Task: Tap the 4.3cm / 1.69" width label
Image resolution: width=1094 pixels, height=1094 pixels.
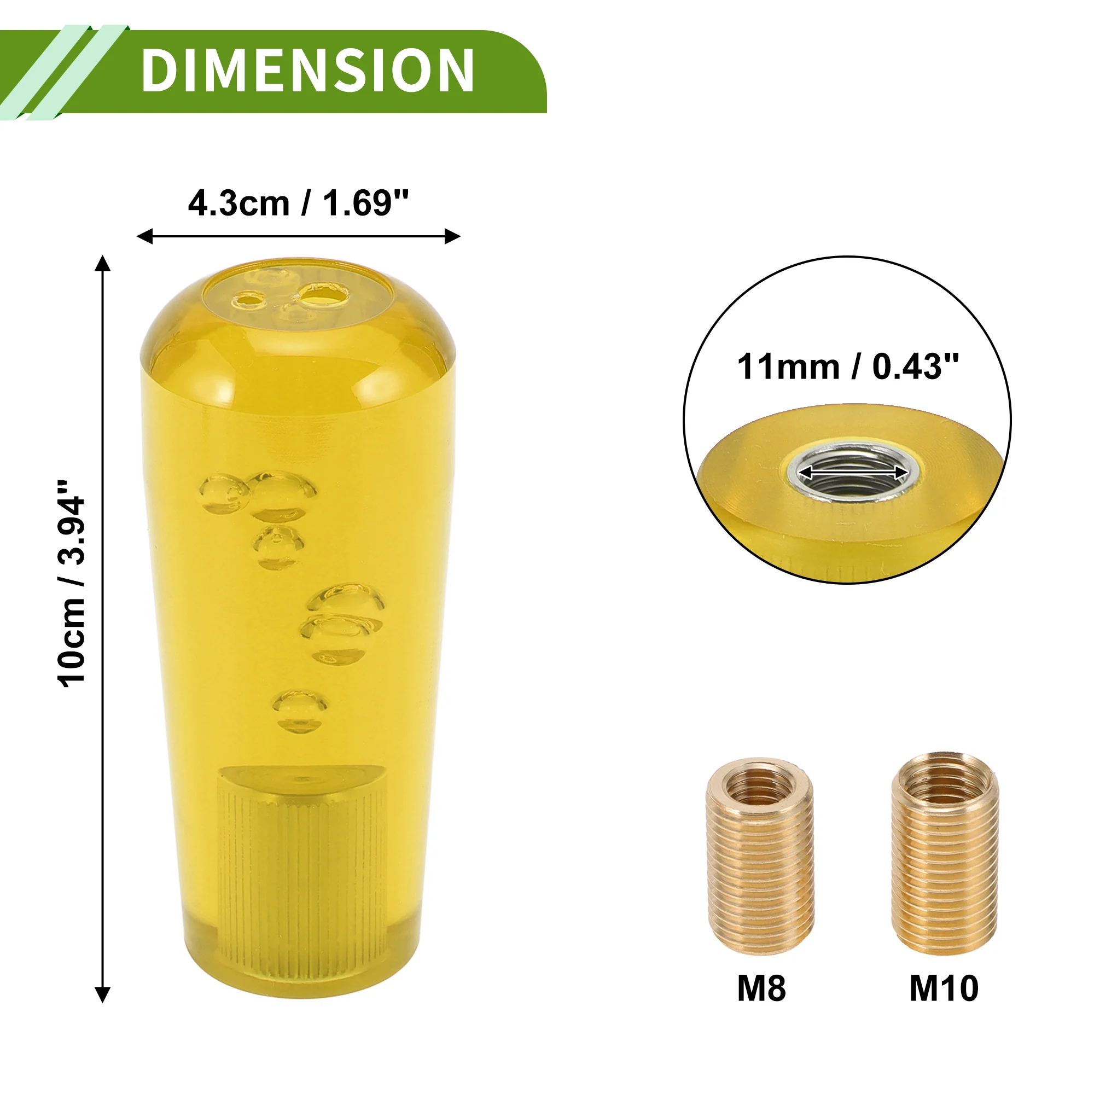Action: [x=298, y=203]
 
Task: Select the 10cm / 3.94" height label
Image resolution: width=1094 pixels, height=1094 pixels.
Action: [x=72, y=584]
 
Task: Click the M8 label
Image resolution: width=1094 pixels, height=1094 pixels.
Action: [x=761, y=988]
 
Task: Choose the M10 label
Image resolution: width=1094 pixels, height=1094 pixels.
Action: [x=944, y=988]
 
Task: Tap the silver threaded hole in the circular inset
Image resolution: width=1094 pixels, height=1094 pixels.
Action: [x=853, y=472]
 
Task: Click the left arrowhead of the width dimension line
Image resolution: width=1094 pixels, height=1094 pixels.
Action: [x=145, y=236]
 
